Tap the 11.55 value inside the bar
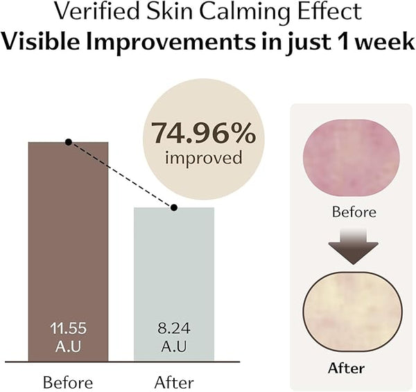[67, 328]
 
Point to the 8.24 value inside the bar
[174, 328]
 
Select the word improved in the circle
[203, 158]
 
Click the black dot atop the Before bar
[68, 142]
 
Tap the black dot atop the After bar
[174, 207]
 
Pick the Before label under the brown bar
[68, 382]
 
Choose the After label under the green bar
[175, 382]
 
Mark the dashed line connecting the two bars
[121, 175]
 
